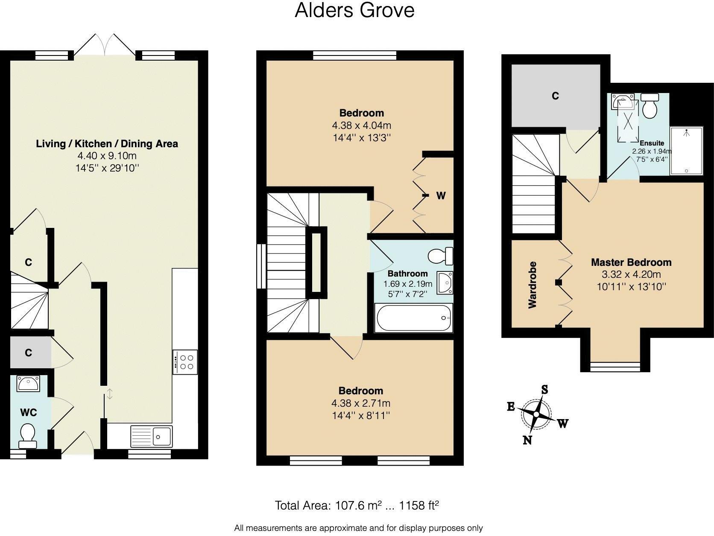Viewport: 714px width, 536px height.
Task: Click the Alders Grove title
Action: (x=354, y=10)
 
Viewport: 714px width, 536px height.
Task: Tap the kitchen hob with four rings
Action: (x=185, y=362)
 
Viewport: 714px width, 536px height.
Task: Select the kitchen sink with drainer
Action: (x=152, y=437)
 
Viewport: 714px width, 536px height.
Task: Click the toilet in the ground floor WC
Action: (x=27, y=436)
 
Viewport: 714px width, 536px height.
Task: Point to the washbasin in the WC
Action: (x=28, y=384)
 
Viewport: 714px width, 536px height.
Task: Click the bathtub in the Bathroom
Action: (x=413, y=318)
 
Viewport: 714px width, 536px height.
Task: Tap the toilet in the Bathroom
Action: (x=440, y=256)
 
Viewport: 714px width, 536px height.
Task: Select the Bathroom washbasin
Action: (x=445, y=283)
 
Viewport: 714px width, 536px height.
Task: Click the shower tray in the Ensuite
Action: (x=686, y=151)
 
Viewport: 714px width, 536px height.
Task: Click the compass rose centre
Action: (x=536, y=414)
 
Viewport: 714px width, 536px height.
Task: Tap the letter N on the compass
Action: (x=527, y=440)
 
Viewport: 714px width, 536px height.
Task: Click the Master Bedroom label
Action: (x=631, y=262)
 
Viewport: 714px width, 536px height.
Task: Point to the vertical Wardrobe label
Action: (x=532, y=285)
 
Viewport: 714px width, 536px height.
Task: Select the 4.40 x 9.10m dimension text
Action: (x=107, y=156)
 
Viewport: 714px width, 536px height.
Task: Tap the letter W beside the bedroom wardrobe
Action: (x=441, y=196)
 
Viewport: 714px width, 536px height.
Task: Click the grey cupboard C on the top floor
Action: (x=555, y=96)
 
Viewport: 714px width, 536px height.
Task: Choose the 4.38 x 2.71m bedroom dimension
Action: (x=361, y=403)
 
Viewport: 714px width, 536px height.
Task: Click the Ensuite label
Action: (x=652, y=143)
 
